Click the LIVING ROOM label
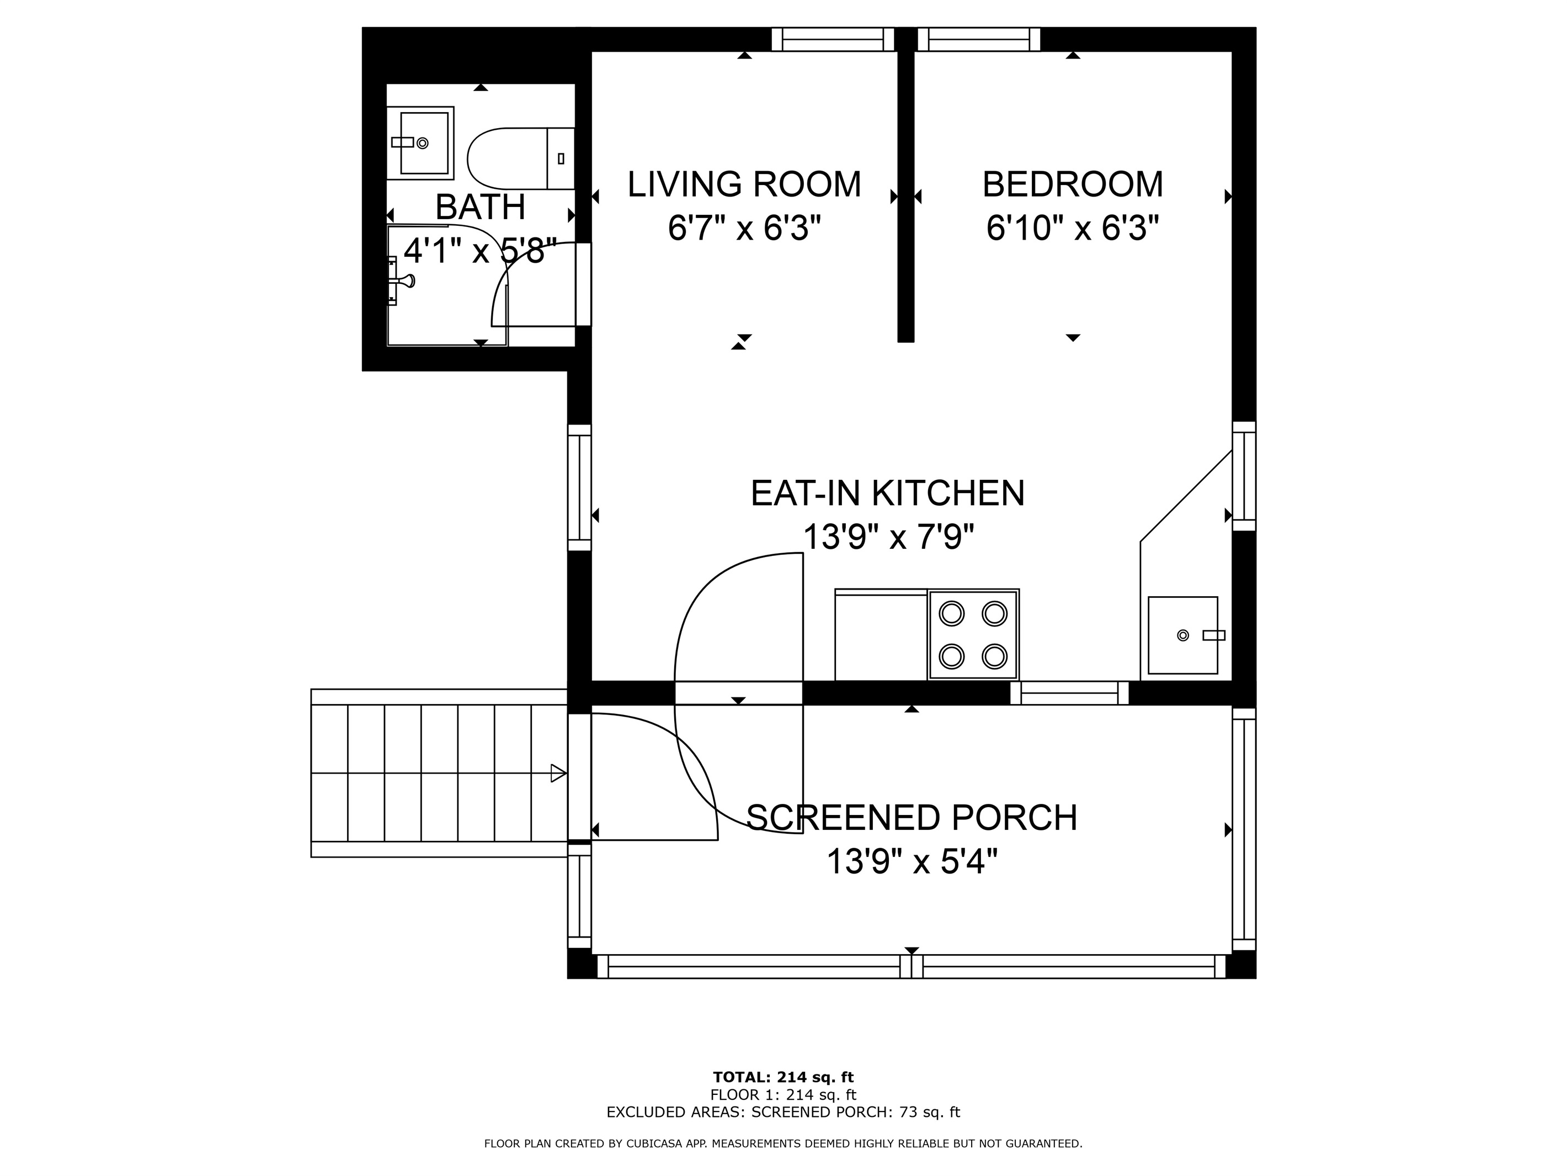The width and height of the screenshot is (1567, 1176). point(744,184)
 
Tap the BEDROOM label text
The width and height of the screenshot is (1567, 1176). point(1073,184)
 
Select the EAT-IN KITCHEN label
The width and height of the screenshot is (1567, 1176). point(888,494)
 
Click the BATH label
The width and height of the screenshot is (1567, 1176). point(480,207)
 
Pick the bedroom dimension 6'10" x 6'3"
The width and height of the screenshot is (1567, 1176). point(1073,228)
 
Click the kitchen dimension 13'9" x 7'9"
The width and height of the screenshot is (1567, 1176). point(888,537)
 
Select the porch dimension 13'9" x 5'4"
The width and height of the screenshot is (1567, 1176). point(912,862)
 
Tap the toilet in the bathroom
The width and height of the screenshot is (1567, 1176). point(521,159)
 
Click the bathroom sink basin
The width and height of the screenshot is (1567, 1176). point(420,143)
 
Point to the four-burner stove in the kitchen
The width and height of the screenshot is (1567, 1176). point(973,634)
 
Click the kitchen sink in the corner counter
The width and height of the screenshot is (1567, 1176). point(1183,635)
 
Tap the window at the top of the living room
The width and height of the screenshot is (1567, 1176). point(833,40)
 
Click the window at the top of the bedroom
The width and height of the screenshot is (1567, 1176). point(979,40)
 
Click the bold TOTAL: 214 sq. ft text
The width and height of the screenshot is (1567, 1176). point(783,1078)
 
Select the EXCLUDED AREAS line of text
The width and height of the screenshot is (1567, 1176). point(783,1112)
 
